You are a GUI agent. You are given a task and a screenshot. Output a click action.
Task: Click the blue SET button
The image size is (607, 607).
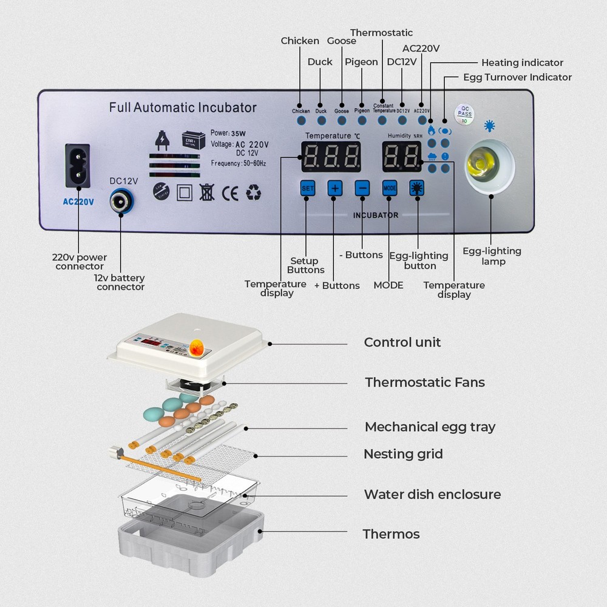tap(308, 188)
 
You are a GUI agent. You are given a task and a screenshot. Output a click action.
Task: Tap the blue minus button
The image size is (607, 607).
tap(362, 188)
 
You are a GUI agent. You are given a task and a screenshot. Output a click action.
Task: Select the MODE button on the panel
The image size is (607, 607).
tap(389, 188)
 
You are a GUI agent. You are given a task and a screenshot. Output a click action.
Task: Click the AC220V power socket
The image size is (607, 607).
tap(78, 166)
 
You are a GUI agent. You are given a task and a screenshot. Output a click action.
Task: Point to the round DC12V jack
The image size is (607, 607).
tap(121, 200)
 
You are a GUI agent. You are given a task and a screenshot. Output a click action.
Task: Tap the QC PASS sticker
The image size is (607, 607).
tap(465, 112)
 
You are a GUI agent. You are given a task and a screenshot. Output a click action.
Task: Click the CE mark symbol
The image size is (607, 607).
tap(230, 193)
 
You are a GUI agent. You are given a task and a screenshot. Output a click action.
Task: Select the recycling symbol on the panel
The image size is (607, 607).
tap(253, 193)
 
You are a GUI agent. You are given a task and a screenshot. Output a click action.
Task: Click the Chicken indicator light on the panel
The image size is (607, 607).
tap(301, 120)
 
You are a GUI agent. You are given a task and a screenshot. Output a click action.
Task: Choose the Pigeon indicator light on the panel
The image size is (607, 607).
tap(362, 120)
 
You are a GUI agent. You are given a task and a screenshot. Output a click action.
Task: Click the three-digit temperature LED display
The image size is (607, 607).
tap(331, 157)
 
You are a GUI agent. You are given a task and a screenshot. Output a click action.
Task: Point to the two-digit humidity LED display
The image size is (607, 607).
tap(402, 157)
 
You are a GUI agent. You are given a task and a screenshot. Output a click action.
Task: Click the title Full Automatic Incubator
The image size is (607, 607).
tap(183, 108)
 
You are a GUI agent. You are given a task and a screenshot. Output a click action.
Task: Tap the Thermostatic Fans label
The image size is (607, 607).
tap(424, 382)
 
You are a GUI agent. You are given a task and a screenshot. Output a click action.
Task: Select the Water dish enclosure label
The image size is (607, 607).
tap(432, 494)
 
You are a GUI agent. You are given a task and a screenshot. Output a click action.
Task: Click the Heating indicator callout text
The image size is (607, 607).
tap(522, 63)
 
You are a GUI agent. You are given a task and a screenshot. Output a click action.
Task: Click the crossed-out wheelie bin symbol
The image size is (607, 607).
tap(206, 193)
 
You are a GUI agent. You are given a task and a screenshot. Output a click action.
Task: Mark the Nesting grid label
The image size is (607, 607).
tap(403, 454)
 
